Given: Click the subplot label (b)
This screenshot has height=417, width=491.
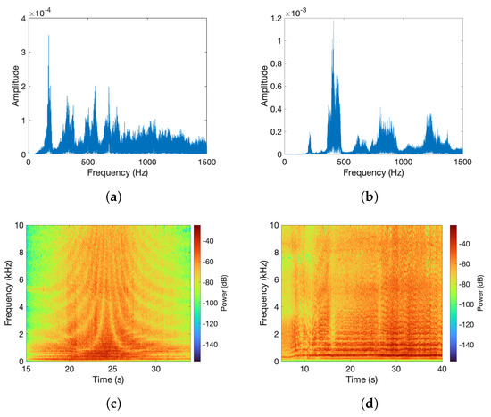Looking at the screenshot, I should [373, 194].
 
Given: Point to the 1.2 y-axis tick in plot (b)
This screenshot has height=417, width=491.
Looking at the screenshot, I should [275, 18].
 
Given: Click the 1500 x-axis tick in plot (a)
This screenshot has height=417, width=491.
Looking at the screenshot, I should [206, 163].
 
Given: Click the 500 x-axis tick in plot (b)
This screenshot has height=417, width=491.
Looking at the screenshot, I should [344, 163].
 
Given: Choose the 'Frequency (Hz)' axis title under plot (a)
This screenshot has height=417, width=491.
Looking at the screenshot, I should [118, 173].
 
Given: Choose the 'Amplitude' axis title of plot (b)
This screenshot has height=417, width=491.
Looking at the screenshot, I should [262, 86].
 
